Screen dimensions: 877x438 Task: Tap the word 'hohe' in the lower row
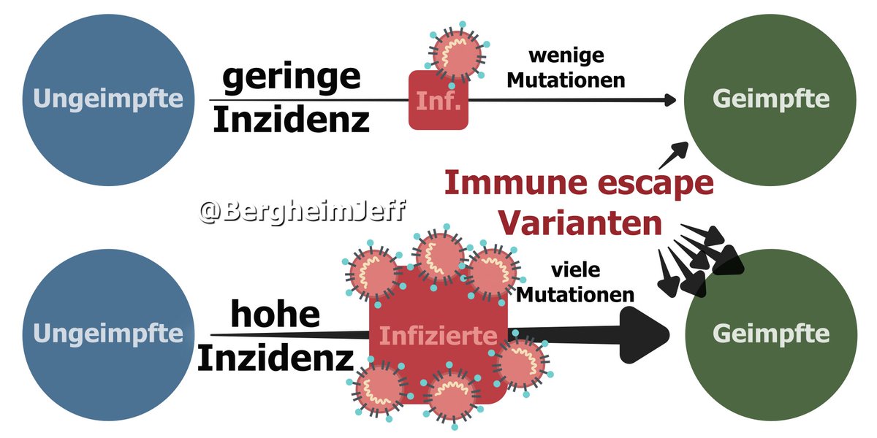[276, 315]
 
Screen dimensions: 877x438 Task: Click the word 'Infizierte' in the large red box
[438, 337]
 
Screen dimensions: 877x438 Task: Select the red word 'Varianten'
[579, 223]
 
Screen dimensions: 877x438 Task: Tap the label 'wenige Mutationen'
[566, 68]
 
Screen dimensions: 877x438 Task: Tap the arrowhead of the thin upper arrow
[669, 99]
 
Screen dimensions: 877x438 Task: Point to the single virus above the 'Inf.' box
[458, 53]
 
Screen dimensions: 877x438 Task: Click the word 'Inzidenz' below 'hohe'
[276, 358]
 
